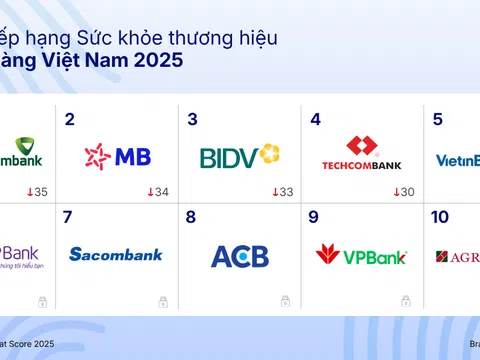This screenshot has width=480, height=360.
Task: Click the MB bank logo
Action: pos(118,156)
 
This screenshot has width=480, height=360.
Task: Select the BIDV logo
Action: pos(240,156)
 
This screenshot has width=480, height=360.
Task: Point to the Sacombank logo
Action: pos(116,254)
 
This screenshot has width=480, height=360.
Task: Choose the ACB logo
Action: pos(240,256)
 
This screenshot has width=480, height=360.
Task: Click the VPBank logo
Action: pos(361,255)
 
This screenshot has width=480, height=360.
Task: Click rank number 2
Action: pos(70,120)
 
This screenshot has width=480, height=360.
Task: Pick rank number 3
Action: pos(193,120)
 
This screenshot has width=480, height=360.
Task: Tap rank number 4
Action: pos(316,120)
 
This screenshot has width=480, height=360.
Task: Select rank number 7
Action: pos(68,216)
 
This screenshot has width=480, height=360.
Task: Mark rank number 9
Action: pos(315,216)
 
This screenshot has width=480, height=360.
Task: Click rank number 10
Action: pos(440,216)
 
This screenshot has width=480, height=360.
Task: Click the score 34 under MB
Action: pos(158,192)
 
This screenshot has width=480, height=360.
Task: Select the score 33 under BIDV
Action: pos(281,192)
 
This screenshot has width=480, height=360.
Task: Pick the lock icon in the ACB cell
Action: pos(285,300)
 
